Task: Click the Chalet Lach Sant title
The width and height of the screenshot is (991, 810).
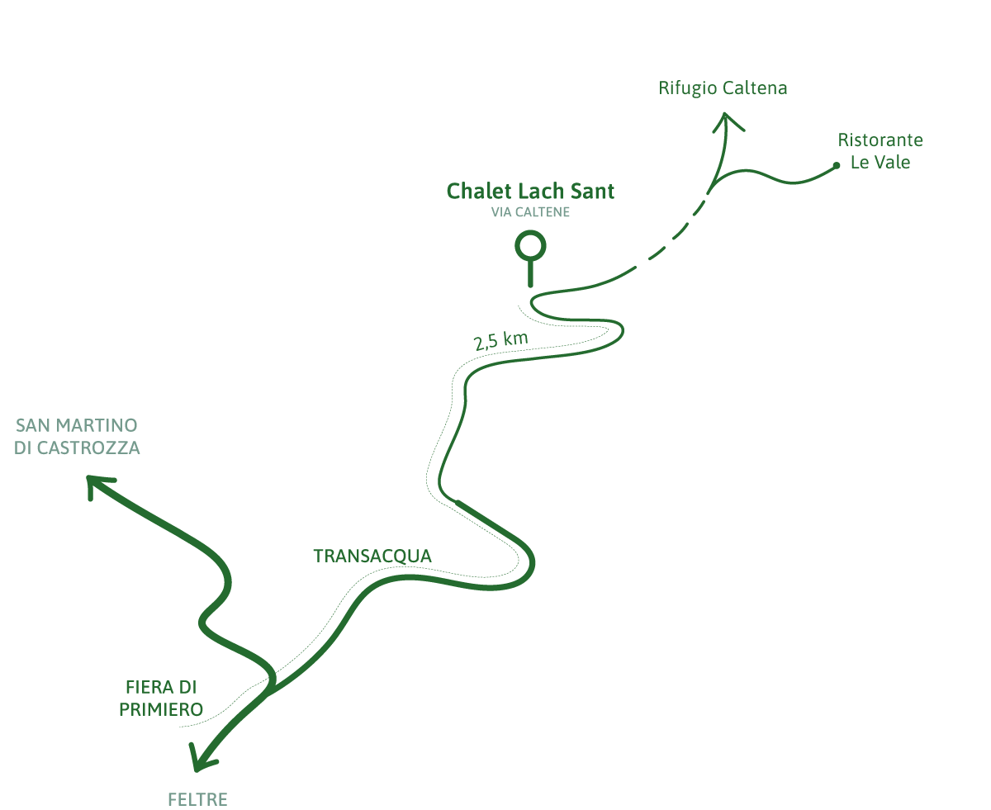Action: [530, 192]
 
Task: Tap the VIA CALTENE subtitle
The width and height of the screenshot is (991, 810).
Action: [530, 212]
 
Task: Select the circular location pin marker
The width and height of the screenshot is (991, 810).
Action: [530, 246]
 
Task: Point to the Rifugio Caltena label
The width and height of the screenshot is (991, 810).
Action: [723, 88]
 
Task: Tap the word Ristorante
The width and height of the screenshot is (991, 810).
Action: [880, 140]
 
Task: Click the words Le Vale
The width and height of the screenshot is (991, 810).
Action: [880, 162]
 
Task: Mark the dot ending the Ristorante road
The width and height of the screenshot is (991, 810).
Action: [836, 165]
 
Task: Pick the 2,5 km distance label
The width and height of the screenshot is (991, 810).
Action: [500, 340]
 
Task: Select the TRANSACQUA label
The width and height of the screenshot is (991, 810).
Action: [372, 557]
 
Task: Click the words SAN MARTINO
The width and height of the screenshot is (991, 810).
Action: [76, 426]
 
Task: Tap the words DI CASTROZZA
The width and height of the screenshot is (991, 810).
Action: [77, 448]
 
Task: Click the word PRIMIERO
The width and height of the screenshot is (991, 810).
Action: [161, 709]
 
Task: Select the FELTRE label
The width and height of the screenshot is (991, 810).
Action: [197, 799]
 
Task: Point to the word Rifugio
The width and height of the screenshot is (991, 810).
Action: [688, 88]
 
